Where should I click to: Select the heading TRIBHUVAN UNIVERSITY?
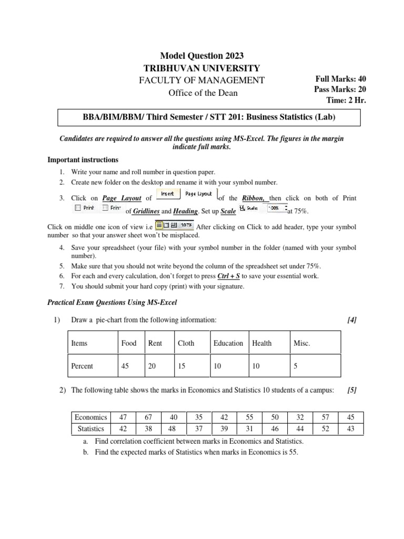[x=201, y=68]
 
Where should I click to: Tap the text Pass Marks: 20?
[x=340, y=89]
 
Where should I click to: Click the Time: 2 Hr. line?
[x=346, y=100]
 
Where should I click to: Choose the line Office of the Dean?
[x=203, y=93]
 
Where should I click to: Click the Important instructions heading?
[x=83, y=159]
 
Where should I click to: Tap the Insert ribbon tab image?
[x=168, y=194]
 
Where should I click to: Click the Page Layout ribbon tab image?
[x=198, y=194]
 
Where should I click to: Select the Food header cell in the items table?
[x=129, y=343]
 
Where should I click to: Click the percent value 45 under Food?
[x=125, y=366]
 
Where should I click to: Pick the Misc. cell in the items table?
[x=301, y=343]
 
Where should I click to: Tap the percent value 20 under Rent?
[x=152, y=366]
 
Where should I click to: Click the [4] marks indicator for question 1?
[x=352, y=320]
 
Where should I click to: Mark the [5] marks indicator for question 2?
[x=352, y=390]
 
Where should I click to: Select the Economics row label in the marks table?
[x=91, y=417]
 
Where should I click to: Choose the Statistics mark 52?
[x=326, y=428]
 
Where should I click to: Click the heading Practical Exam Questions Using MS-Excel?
[x=113, y=302]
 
